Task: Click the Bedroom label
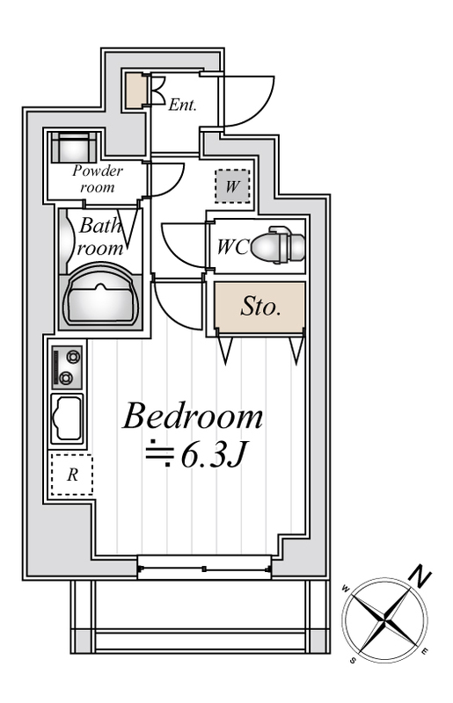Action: (x=193, y=417)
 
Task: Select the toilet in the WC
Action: (x=278, y=245)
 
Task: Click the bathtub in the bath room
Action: (x=100, y=297)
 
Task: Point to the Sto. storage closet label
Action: (x=261, y=307)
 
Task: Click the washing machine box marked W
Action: (x=232, y=185)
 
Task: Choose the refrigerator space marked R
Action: (x=72, y=475)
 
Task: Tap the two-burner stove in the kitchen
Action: (x=68, y=367)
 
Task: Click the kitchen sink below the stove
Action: (x=68, y=419)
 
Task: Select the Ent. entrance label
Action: (x=183, y=105)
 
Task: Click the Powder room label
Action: (x=98, y=178)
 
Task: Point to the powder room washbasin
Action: (x=74, y=147)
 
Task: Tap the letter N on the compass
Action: (x=421, y=577)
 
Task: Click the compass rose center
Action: (x=384, y=620)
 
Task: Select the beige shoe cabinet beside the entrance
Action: (x=135, y=91)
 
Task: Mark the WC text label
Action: (x=233, y=246)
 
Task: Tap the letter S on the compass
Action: (x=354, y=661)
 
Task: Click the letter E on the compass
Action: (x=425, y=651)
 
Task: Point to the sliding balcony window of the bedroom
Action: (x=204, y=568)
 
